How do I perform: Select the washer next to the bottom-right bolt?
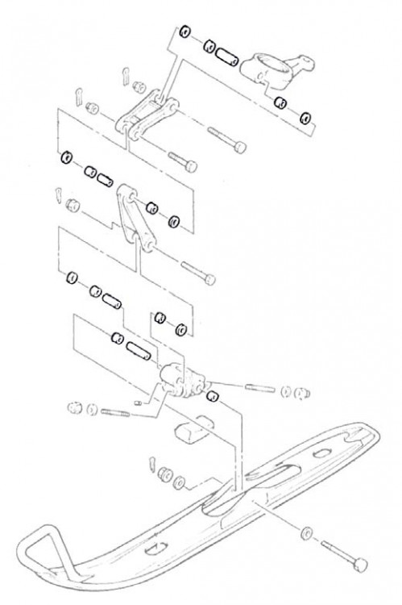pyautogui.click(x=308, y=534)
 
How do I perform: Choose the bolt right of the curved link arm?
pyautogui.click(x=197, y=271)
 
